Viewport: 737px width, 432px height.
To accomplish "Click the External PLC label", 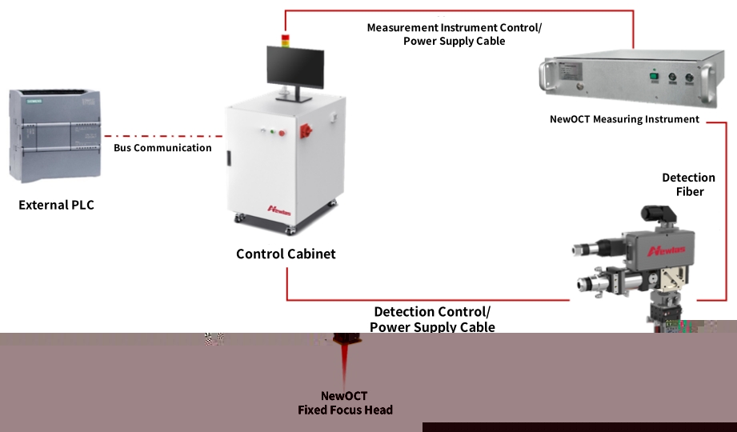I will pyautogui.click(x=56, y=206).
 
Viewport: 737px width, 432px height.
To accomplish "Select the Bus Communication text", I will pyautogui.click(x=162, y=148).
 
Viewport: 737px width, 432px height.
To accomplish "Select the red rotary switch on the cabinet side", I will pyautogui.click(x=306, y=130).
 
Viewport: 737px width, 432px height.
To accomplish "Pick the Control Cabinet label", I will pyautogui.click(x=286, y=254).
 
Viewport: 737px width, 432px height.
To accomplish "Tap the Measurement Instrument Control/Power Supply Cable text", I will pyautogui.click(x=454, y=34).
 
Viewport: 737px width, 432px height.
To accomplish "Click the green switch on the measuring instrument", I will pyautogui.click(x=652, y=78).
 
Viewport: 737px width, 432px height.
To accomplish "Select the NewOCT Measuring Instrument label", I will pyautogui.click(x=624, y=119).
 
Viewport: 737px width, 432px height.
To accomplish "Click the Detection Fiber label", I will pyautogui.click(x=688, y=185).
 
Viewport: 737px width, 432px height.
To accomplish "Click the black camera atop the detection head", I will pyautogui.click(x=656, y=214).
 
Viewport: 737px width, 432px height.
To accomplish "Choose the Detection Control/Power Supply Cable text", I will pyautogui.click(x=432, y=319).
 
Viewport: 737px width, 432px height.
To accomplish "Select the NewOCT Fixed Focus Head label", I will pyautogui.click(x=345, y=403).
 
